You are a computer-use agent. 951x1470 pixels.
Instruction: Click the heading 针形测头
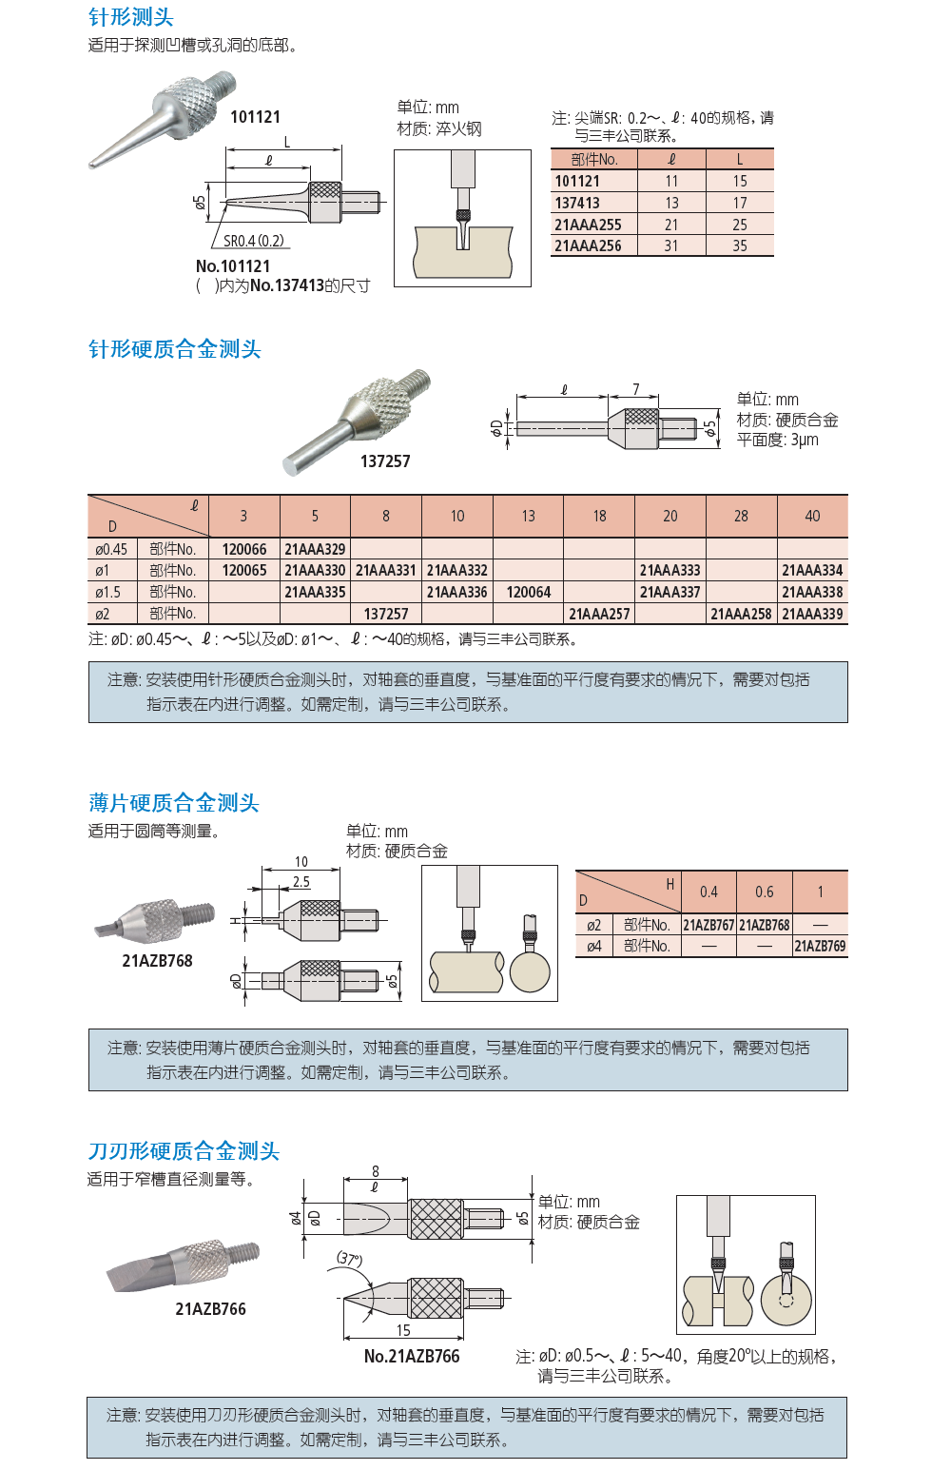click(x=131, y=17)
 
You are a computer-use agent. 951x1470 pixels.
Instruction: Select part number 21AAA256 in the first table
click(x=588, y=246)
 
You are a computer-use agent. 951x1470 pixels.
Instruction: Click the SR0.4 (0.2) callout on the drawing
click(x=254, y=241)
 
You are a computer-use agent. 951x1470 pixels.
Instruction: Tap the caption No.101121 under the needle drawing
click(x=233, y=266)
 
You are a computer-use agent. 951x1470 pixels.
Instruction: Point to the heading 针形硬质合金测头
click(x=175, y=349)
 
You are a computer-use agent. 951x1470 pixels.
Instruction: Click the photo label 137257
click(x=385, y=461)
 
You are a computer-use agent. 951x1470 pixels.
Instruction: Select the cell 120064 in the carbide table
click(x=528, y=592)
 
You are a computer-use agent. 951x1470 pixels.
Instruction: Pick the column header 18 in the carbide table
click(x=599, y=516)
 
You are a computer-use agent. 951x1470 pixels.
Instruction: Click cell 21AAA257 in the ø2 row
click(x=599, y=614)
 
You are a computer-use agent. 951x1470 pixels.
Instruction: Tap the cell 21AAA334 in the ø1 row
click(x=812, y=570)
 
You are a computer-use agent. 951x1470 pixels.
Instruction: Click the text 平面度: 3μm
click(x=777, y=440)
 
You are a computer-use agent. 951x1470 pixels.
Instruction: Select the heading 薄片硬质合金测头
click(x=174, y=803)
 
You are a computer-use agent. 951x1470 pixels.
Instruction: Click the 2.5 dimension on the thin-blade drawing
click(x=301, y=882)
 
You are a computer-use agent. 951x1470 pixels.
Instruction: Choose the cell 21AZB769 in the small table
click(x=820, y=946)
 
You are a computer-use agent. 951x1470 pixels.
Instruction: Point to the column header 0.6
click(x=765, y=892)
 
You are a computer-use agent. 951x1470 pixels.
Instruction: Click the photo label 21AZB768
click(x=157, y=961)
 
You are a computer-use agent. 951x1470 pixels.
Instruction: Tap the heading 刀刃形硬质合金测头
click(x=184, y=1151)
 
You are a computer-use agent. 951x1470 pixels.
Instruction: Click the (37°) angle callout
click(x=350, y=1259)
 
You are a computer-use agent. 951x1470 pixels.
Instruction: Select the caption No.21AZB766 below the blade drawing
click(x=412, y=1356)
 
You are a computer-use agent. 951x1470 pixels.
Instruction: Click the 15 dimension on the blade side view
click(x=403, y=1330)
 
